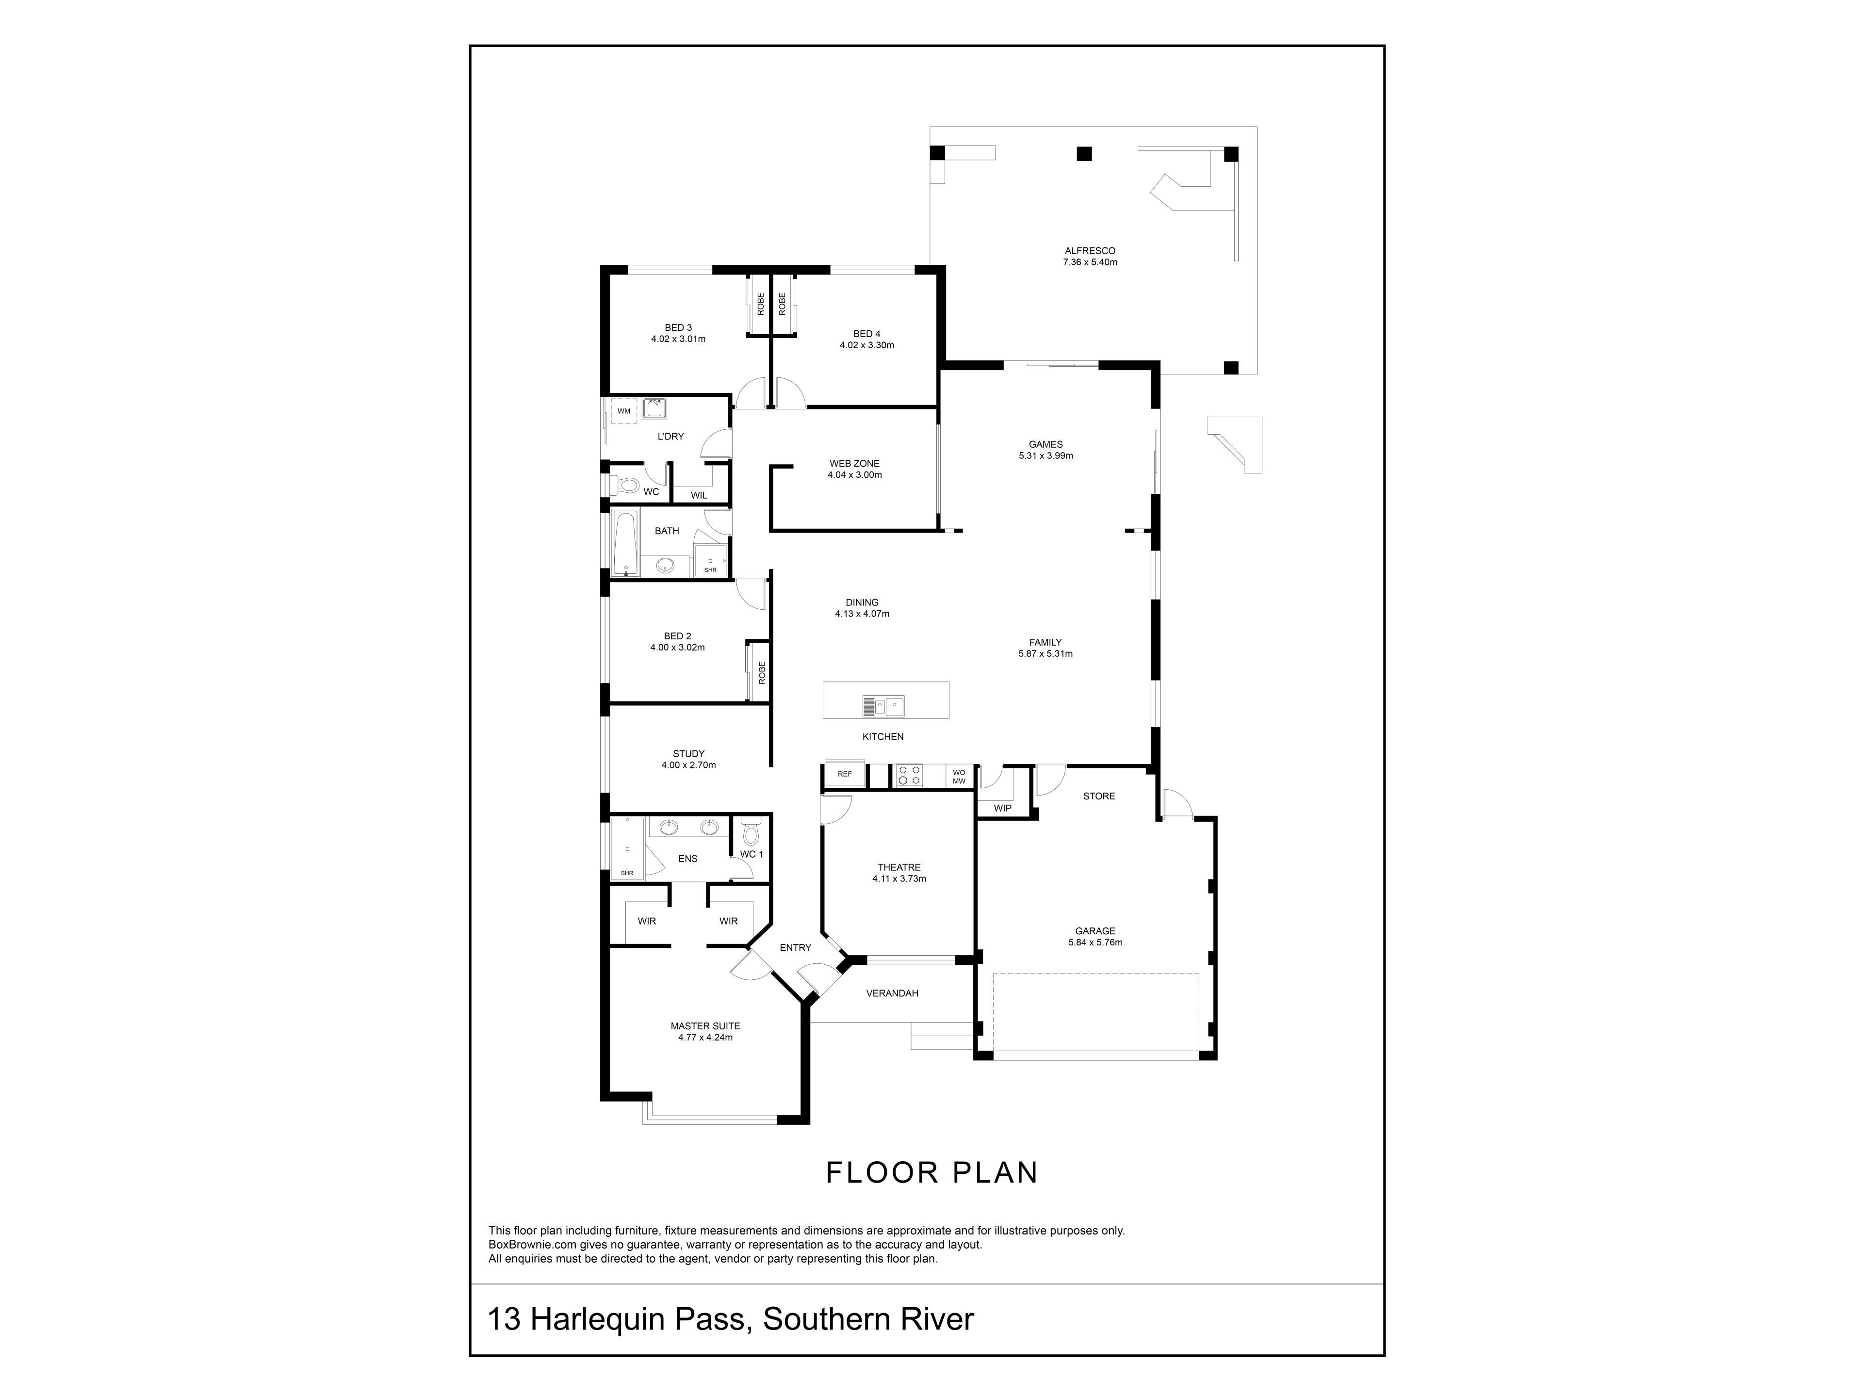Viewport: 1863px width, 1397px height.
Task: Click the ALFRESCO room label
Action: coord(1090,251)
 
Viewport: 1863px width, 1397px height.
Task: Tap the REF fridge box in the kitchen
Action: coord(845,774)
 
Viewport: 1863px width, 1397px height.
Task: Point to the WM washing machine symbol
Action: coord(624,411)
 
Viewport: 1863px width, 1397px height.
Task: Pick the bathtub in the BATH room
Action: coord(625,543)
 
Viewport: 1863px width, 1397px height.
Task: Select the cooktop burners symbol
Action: coord(909,775)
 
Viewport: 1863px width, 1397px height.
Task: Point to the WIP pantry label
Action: coord(1002,809)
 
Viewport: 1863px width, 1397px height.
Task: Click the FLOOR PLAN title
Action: coord(931,1173)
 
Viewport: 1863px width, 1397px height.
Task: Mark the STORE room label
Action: coord(1099,796)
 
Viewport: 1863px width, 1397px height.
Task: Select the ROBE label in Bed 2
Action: coord(761,672)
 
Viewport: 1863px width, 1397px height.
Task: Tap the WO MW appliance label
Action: coord(959,777)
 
